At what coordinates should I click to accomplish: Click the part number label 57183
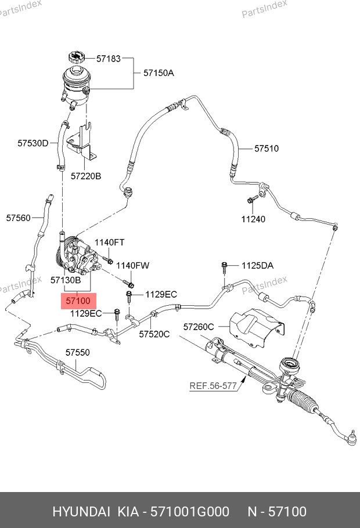(108, 59)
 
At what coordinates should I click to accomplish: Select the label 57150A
(159, 73)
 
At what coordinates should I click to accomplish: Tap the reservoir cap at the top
(76, 57)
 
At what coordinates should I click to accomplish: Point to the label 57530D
(33, 143)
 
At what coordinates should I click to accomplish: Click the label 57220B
(86, 175)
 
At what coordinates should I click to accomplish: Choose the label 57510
(267, 149)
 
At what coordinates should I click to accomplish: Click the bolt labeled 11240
(251, 200)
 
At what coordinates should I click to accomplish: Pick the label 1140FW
(132, 265)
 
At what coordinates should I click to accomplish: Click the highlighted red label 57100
(78, 302)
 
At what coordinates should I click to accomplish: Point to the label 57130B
(66, 280)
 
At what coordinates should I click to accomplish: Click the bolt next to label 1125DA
(224, 267)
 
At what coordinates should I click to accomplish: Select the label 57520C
(154, 334)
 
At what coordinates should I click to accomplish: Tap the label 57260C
(199, 327)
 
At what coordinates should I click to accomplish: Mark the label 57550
(77, 352)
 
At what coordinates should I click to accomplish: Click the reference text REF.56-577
(213, 385)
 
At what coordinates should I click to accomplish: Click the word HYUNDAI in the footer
(81, 511)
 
